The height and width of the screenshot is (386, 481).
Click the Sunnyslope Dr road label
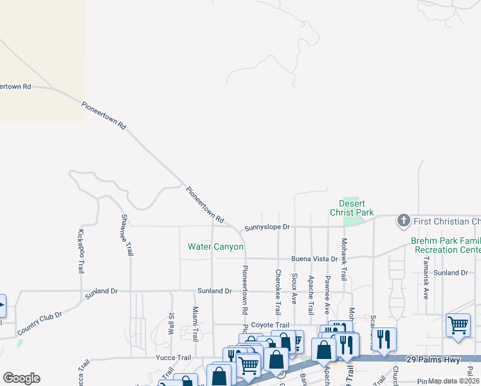(x=268, y=228)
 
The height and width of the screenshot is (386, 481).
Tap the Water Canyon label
(x=215, y=247)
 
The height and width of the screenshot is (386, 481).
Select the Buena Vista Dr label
(x=314, y=259)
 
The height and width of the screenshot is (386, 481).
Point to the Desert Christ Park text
(x=352, y=207)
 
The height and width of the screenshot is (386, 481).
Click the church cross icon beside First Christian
(x=403, y=221)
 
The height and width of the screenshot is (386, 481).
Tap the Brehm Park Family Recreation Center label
(x=446, y=245)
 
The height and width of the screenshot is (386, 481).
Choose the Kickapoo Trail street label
(x=81, y=250)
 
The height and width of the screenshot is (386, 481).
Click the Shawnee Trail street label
(x=127, y=235)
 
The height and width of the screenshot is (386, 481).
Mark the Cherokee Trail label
(x=278, y=287)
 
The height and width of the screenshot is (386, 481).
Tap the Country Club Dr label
(x=40, y=324)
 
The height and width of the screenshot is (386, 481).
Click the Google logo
(x=21, y=378)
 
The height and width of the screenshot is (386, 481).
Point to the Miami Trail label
(x=195, y=324)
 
